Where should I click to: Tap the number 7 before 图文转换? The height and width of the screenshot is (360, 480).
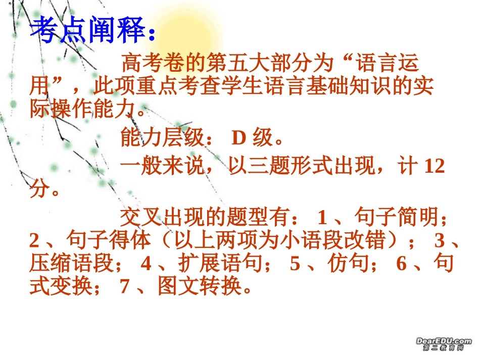pos(125,286)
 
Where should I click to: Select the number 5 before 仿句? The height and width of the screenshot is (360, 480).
pos(295,264)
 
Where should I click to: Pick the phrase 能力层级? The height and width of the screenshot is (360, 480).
pos(162,137)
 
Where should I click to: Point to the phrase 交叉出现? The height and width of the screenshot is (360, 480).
pos(162,218)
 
